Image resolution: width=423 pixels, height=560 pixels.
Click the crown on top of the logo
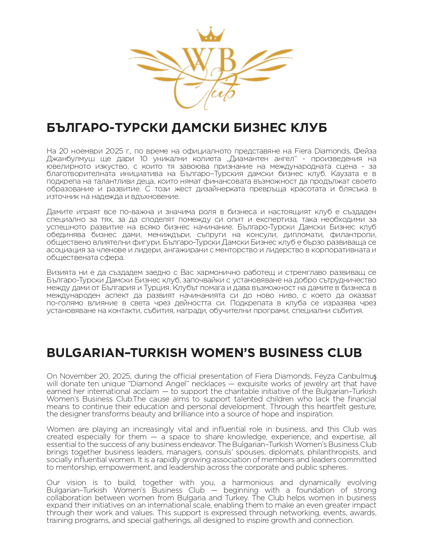pos(211,34)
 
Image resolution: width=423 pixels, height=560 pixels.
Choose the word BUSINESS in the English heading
pos(291,353)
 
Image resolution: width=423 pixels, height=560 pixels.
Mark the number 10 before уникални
pos(143,159)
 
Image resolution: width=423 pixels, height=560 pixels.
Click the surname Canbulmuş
pos(357,376)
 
